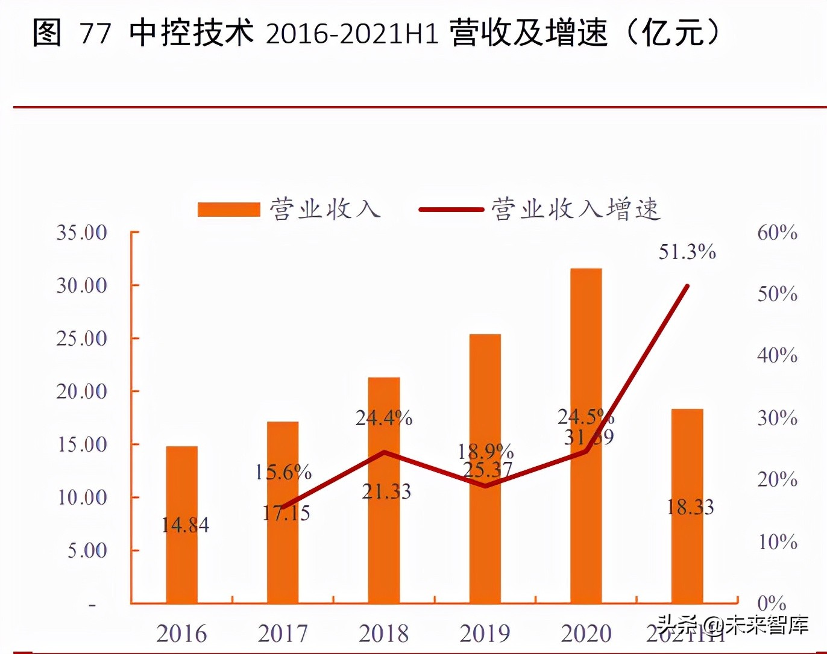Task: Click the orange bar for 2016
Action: tap(181, 525)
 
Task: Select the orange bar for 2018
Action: tap(384, 490)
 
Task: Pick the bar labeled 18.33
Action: tap(687, 506)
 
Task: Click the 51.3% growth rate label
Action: tap(687, 252)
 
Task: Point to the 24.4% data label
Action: tap(384, 417)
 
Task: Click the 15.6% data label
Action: tap(283, 472)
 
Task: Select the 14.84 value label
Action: tap(185, 525)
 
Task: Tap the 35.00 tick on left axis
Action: tap(81, 232)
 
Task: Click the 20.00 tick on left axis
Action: tap(81, 391)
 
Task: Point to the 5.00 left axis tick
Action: tap(87, 550)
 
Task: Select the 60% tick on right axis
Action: tap(778, 232)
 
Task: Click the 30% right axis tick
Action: tap(778, 418)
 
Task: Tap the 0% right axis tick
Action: tap(772, 603)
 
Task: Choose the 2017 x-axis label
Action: tap(283, 634)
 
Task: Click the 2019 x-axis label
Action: tap(485, 634)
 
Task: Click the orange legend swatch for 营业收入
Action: tap(229, 210)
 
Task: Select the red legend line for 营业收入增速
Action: tap(451, 210)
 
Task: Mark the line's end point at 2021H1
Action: tap(687, 285)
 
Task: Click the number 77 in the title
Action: tap(95, 33)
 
